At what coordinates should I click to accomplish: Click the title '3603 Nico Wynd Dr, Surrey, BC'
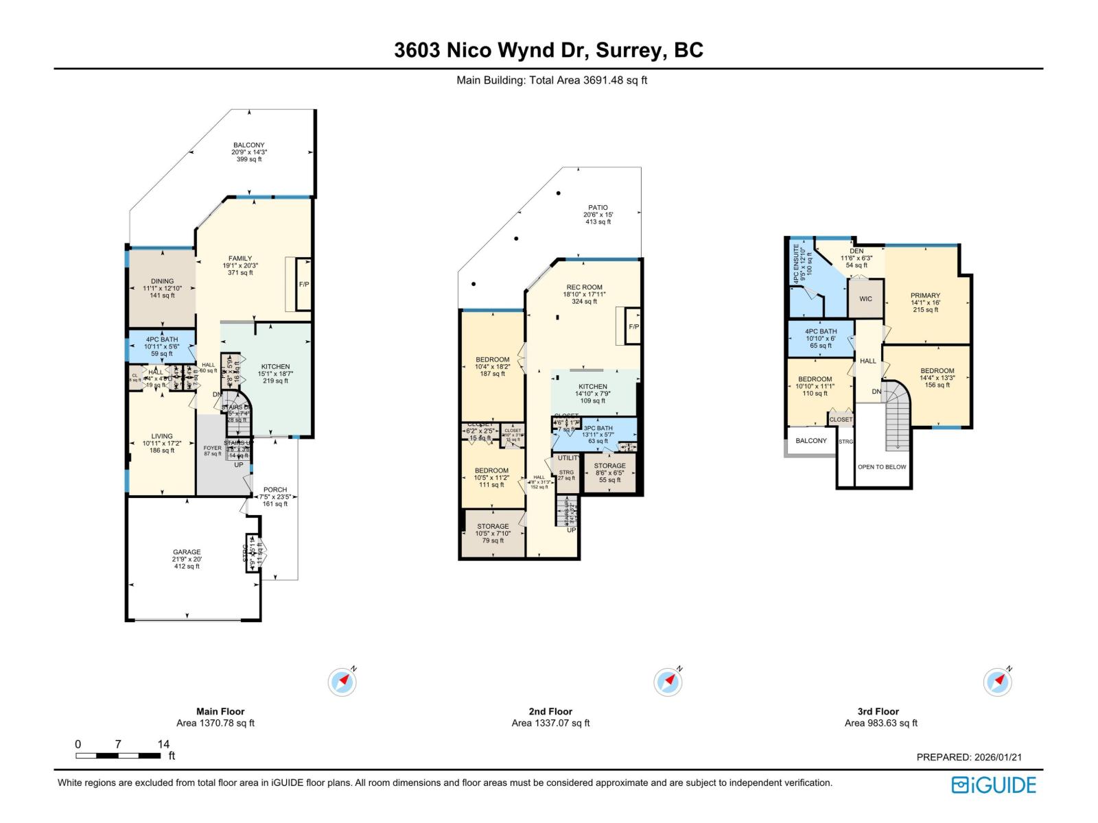click(548, 50)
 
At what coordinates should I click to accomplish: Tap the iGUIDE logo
click(994, 785)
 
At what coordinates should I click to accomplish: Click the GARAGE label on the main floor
click(187, 552)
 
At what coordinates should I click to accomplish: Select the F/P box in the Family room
click(303, 284)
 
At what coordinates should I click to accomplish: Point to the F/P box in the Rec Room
click(633, 327)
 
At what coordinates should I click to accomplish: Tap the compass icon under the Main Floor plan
click(342, 682)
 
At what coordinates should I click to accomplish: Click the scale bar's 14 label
click(163, 744)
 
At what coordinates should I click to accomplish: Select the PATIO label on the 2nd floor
click(598, 208)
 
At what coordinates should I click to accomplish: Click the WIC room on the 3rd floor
click(865, 299)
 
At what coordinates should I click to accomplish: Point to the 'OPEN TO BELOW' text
click(881, 467)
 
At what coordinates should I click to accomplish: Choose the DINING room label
click(163, 281)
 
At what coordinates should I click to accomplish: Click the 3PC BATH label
click(598, 429)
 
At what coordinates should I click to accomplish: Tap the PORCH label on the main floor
click(275, 490)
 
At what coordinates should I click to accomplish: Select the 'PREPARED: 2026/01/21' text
click(969, 757)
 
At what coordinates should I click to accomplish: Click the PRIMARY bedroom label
click(925, 296)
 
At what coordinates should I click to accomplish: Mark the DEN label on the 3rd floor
click(856, 252)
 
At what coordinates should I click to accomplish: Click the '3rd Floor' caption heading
click(878, 711)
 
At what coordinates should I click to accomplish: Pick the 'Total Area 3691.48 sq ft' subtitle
click(552, 80)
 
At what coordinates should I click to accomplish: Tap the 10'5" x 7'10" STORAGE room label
click(493, 527)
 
